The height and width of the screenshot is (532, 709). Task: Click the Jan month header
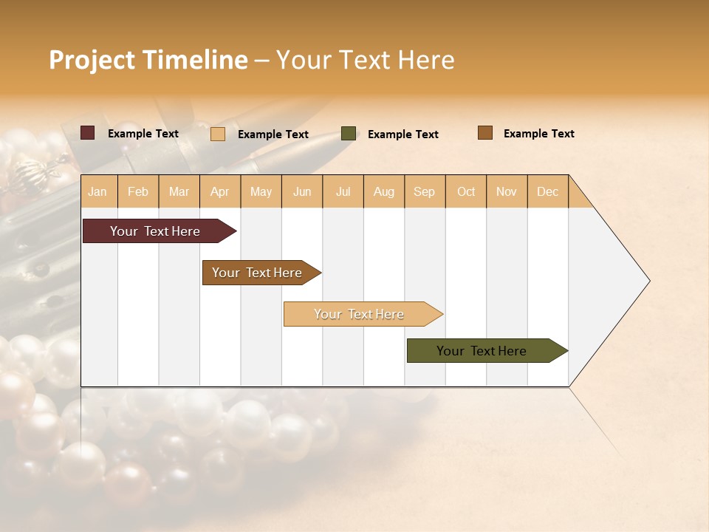(x=97, y=191)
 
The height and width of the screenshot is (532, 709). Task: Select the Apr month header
(x=219, y=191)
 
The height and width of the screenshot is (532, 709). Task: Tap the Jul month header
(x=343, y=191)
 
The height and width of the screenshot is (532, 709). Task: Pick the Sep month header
(x=424, y=191)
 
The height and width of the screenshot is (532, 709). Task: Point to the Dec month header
(x=547, y=191)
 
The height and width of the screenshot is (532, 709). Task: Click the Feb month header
(x=138, y=191)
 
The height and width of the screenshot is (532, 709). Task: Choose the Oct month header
(x=466, y=191)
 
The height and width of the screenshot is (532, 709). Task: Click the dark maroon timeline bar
(x=155, y=231)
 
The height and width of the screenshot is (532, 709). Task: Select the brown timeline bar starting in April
(x=257, y=273)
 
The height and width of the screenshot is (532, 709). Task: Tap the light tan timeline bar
(x=359, y=314)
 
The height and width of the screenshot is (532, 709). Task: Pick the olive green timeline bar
(x=482, y=351)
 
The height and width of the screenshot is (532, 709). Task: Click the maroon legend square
(x=88, y=133)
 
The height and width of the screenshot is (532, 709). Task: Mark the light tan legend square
(x=218, y=134)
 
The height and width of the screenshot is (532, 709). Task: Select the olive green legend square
(x=349, y=134)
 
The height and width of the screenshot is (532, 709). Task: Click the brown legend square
(x=485, y=133)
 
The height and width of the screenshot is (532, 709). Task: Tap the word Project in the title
(x=92, y=60)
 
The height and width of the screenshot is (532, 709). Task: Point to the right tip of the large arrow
(x=648, y=281)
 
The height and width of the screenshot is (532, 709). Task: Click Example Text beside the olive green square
(x=403, y=134)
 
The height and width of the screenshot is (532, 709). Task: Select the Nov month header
(x=507, y=191)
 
